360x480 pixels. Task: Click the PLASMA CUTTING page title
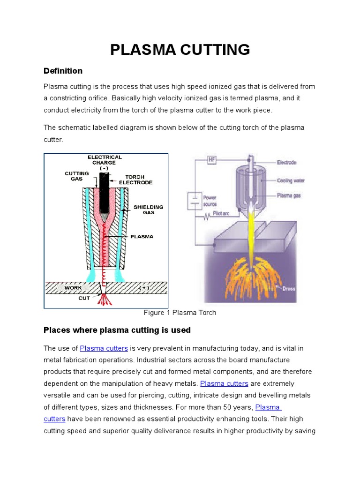(180, 49)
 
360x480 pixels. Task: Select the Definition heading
(63, 71)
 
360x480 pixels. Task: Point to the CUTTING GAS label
(77, 176)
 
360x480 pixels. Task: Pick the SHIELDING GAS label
(148, 209)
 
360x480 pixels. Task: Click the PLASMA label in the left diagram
(142, 237)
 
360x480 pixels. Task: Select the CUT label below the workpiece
(84, 298)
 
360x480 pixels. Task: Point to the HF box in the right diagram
(213, 160)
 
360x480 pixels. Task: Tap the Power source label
(210, 201)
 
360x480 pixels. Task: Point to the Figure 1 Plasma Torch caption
(180, 313)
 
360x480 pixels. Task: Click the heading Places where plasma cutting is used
(117, 330)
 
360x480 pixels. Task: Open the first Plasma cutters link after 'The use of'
(104, 348)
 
